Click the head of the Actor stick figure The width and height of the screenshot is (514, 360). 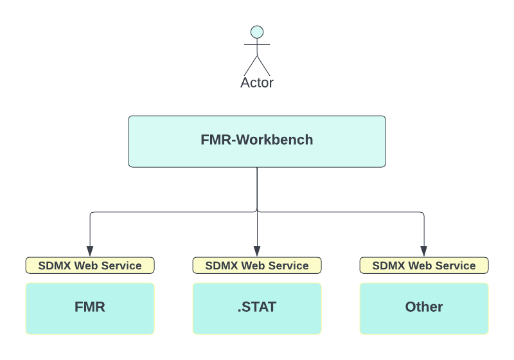click(257, 32)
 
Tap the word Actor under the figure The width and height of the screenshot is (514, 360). click(257, 83)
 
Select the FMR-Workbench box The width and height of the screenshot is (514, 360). click(257, 141)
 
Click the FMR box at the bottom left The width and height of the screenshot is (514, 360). click(90, 308)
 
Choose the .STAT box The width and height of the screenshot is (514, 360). click(257, 308)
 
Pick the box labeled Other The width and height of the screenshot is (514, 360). click(424, 308)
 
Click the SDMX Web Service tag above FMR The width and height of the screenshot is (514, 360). click(90, 265)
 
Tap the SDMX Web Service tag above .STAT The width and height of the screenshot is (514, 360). click(257, 265)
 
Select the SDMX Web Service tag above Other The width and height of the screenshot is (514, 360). click(424, 265)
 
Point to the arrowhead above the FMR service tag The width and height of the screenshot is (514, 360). click(90, 251)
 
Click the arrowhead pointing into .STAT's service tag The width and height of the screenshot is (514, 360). click(257, 251)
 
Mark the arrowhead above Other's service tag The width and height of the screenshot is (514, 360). click(424, 251)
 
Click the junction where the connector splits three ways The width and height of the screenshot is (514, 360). click(257, 212)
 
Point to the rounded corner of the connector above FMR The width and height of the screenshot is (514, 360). click(91, 213)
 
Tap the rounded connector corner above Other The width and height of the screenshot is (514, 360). click(423, 213)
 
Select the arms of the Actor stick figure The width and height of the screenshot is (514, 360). click(257, 45)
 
